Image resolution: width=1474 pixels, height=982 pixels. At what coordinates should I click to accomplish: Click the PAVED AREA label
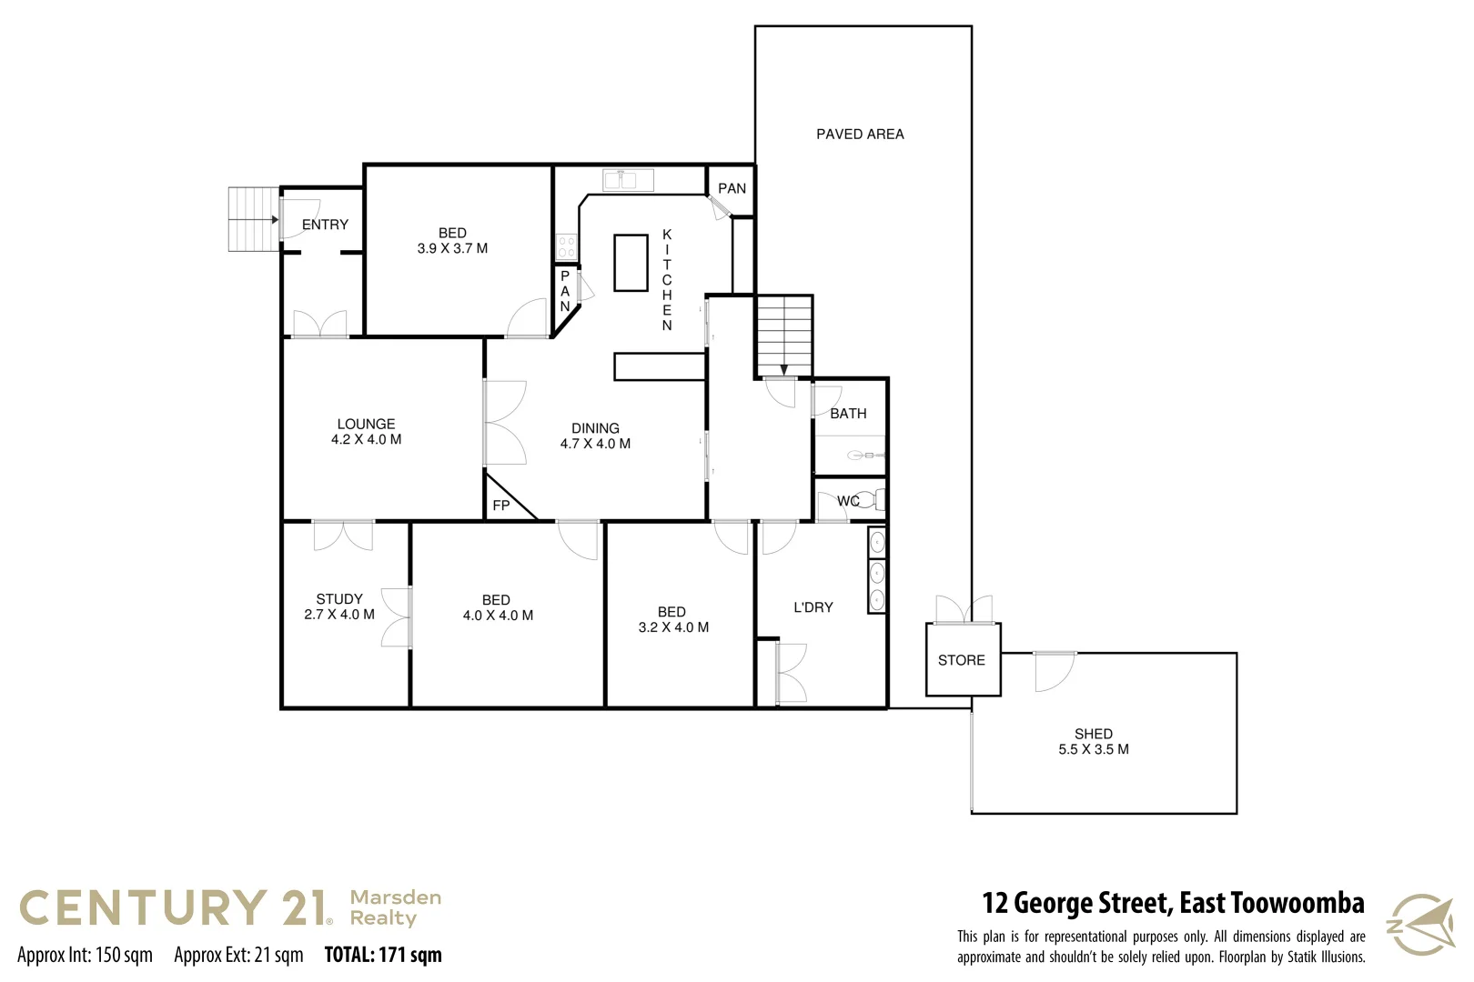[860, 135]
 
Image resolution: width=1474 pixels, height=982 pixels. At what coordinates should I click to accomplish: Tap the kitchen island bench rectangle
[631, 263]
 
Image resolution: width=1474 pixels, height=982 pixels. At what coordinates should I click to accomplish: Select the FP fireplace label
[501, 506]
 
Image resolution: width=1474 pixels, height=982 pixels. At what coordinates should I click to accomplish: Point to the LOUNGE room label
[366, 424]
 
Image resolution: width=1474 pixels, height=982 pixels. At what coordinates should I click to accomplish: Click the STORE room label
[962, 660]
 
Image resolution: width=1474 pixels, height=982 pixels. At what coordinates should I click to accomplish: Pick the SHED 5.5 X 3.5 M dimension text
[1094, 749]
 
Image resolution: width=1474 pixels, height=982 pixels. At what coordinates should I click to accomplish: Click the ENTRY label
[325, 225]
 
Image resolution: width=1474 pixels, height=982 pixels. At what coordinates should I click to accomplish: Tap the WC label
[848, 501]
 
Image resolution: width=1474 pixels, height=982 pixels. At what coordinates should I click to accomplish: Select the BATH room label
[848, 414]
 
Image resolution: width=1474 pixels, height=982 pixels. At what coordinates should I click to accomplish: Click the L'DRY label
[813, 607]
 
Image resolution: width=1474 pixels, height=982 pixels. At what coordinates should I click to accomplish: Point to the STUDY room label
[339, 599]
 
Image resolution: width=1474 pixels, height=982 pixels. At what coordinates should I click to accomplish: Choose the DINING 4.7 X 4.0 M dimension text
[595, 444]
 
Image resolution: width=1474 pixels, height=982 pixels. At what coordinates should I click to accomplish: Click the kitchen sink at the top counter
[628, 180]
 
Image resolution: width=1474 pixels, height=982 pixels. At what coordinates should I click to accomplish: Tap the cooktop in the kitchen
[566, 246]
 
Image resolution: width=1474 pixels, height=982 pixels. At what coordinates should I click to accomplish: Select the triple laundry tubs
[876, 571]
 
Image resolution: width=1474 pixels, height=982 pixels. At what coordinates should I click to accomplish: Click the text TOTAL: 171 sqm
[383, 955]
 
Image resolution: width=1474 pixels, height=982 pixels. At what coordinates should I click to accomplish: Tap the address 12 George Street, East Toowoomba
[1173, 903]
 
